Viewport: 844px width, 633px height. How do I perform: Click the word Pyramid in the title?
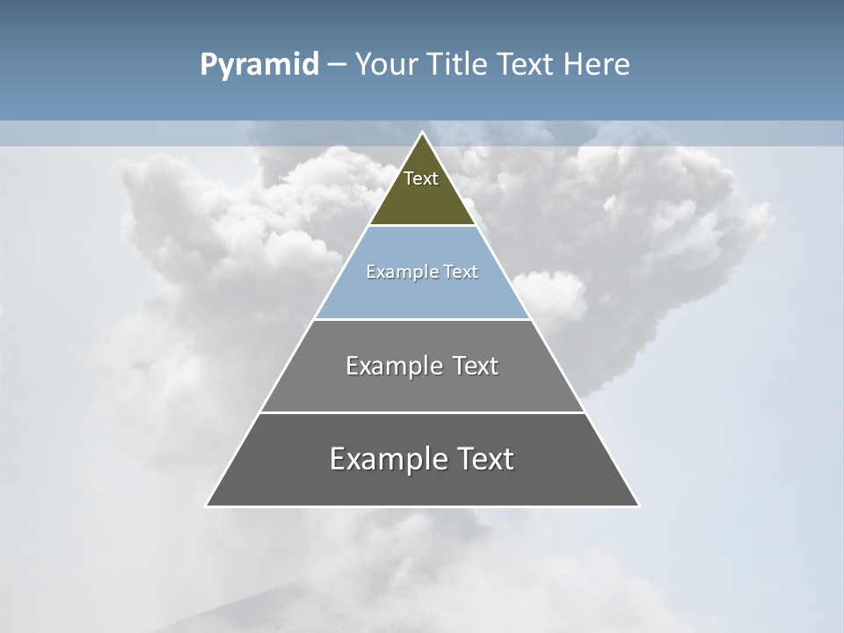point(258,65)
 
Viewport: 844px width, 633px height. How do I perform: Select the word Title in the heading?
point(458,65)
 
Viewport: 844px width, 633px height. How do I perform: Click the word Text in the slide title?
point(527,65)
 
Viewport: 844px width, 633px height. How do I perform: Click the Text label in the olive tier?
point(421,178)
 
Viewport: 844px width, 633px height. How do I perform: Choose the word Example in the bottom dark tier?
point(386,459)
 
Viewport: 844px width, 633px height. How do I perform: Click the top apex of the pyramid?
point(422,133)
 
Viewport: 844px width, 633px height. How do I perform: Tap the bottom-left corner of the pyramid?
point(207,506)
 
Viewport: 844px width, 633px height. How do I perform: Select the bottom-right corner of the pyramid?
point(638,506)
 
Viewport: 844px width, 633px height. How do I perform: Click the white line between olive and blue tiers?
point(422,226)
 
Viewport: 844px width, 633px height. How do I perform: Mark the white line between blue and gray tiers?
point(422,319)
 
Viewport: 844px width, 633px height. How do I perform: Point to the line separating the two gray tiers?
point(422,412)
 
